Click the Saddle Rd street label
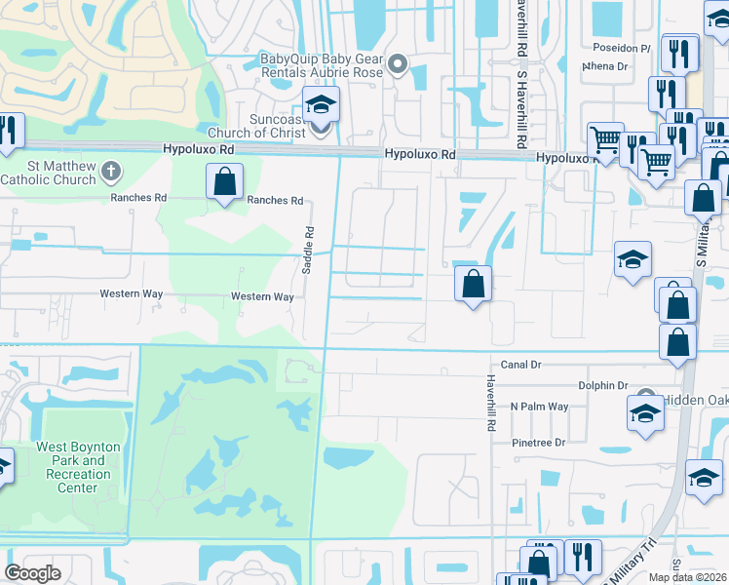tap(307, 250)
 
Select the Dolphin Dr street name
tap(602, 386)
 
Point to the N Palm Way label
tap(539, 407)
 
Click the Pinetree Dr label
tap(539, 443)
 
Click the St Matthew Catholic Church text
tap(48, 173)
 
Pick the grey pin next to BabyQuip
tap(397, 65)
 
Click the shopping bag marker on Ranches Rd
tap(224, 181)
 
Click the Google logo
tap(33, 572)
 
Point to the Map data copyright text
tap(687, 577)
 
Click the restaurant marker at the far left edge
tap(8, 132)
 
